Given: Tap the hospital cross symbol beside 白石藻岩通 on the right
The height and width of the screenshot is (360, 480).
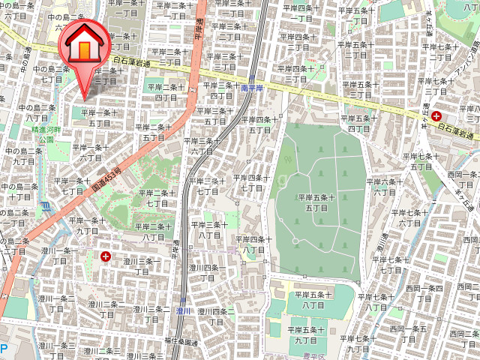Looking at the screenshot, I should (436, 115).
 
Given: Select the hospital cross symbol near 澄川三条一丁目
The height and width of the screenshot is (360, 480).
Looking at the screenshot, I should (104, 256).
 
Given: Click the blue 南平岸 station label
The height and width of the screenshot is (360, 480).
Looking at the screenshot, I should (253, 88).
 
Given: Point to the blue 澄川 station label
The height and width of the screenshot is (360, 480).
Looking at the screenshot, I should (184, 310).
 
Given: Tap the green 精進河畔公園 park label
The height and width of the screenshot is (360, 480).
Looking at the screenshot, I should (43, 134).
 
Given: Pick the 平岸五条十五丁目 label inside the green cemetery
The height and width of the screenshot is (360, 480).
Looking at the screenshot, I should (316, 202).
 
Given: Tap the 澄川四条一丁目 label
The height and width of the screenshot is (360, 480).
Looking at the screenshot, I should (205, 271).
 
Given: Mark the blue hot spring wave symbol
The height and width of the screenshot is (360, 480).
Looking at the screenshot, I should (46, 204).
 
